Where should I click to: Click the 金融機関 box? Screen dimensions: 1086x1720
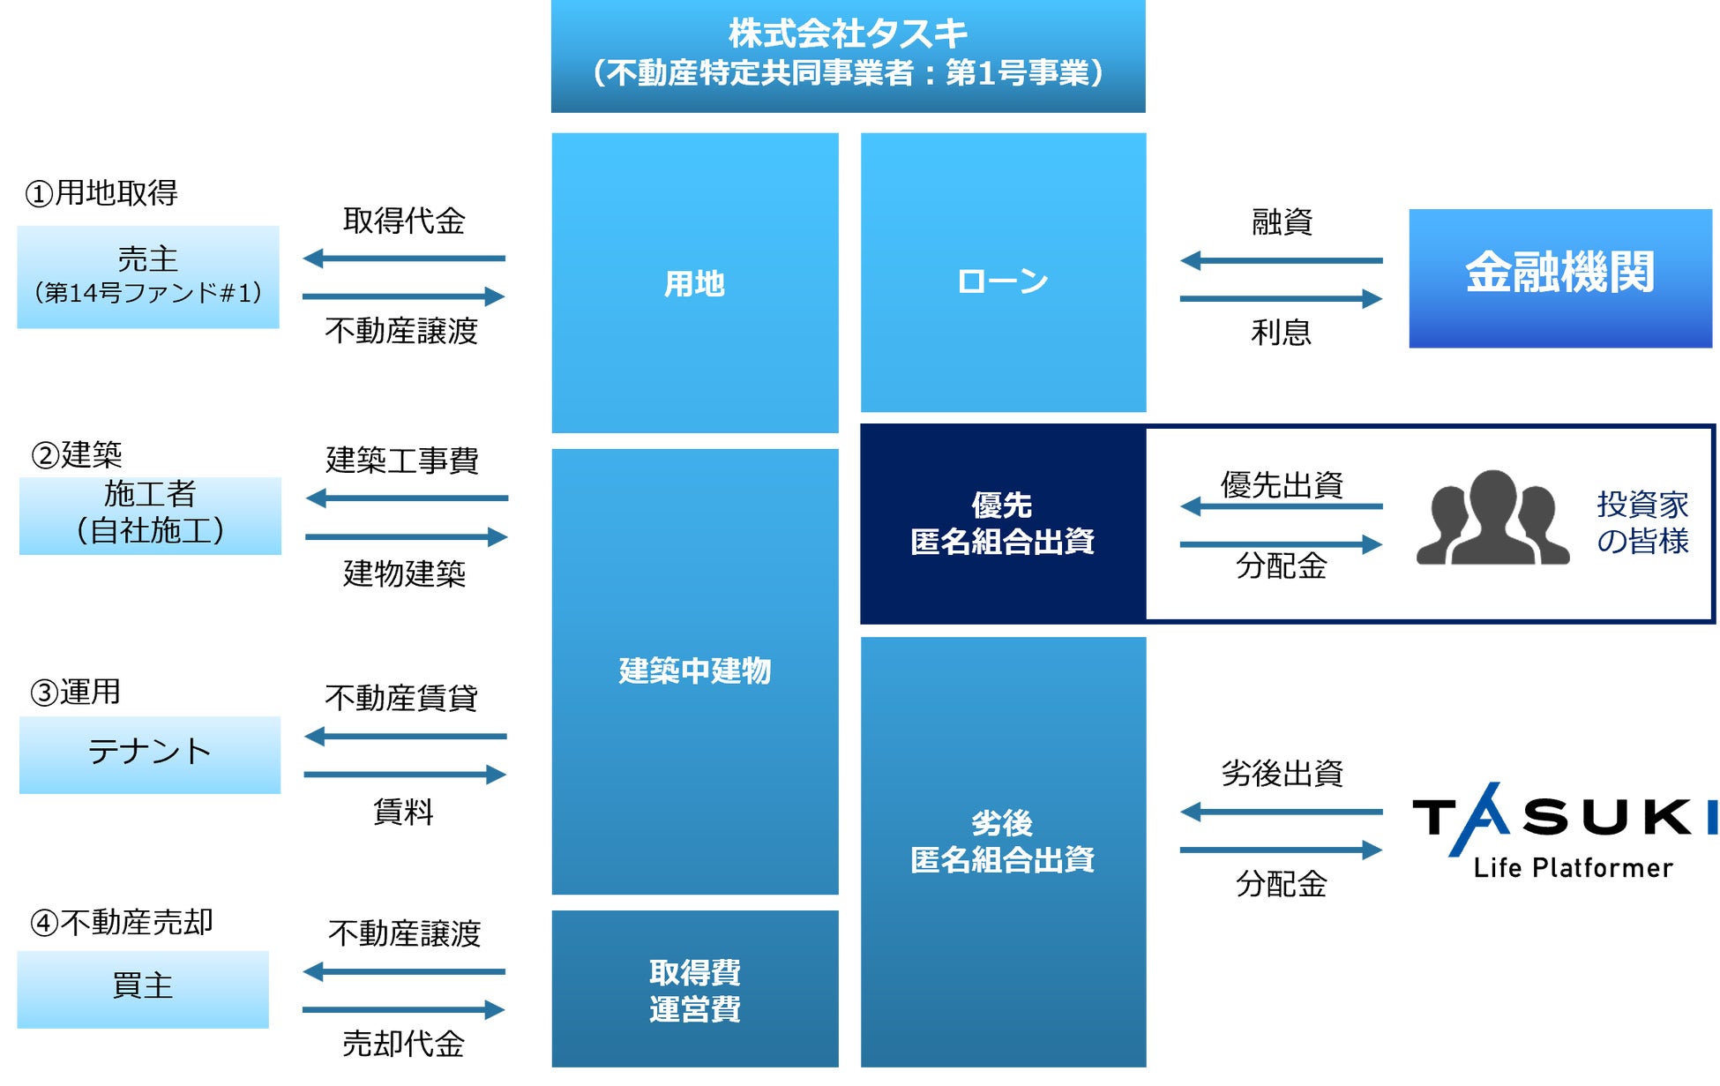pyautogui.click(x=1559, y=277)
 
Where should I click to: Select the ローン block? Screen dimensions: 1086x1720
pyautogui.click(x=1003, y=281)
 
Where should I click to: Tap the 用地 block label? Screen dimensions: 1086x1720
pyautogui.click(x=694, y=284)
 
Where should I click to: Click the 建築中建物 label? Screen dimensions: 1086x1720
pyautogui.click(x=694, y=670)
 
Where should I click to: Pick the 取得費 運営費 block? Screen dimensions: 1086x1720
pyautogui.click(x=694, y=990)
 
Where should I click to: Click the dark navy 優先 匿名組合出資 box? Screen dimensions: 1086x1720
pyautogui.click(x=1003, y=523)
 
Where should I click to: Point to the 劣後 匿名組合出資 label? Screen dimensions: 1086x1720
pyautogui.click(x=1003, y=841)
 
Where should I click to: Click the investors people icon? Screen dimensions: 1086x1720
pyautogui.click(x=1492, y=518)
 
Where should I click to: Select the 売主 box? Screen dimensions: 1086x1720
pyautogui.click(x=148, y=276)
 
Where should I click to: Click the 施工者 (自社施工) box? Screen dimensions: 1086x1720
pyautogui.click(x=150, y=515)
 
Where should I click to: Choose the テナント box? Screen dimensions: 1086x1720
pyautogui.click(x=150, y=754)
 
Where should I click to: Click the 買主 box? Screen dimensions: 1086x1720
pyautogui.click(x=143, y=988)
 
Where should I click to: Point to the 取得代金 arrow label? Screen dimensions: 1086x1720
pyautogui.click(x=404, y=221)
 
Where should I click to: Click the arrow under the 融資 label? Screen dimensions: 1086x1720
pyautogui.click(x=1281, y=260)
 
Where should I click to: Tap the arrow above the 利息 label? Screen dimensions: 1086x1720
pyautogui.click(x=1281, y=299)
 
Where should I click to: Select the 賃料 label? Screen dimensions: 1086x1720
pyautogui.click(x=404, y=812)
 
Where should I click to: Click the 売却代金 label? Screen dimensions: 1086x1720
pyautogui.click(x=404, y=1044)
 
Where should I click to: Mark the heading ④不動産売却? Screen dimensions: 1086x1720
pyautogui.click(x=122, y=923)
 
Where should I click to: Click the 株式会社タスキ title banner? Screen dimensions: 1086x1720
pyautogui.click(x=848, y=55)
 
